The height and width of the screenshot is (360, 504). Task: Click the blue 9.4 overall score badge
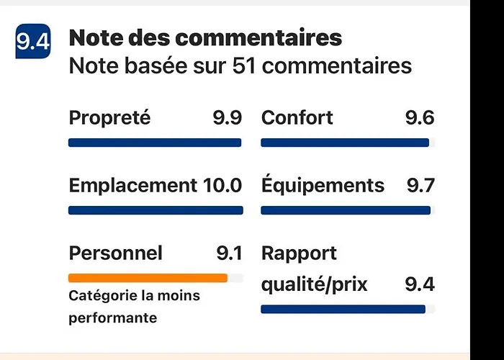tap(33, 42)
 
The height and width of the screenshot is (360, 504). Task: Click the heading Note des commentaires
tap(205, 37)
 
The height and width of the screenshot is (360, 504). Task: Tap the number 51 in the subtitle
tap(246, 66)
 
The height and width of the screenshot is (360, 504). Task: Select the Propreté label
tap(109, 117)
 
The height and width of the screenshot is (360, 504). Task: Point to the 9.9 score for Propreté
tap(227, 117)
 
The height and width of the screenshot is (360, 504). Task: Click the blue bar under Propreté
tap(155, 143)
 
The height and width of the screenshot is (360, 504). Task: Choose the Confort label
tap(297, 117)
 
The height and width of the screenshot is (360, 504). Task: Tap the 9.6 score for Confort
tap(420, 117)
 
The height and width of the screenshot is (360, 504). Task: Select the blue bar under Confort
tap(345, 143)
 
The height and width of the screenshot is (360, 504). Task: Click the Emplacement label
tap(132, 185)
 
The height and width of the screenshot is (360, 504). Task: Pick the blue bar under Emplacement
tap(156, 210)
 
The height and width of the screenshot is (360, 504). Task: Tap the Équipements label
tap(323, 185)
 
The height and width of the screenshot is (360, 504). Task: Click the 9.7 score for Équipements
tap(420, 185)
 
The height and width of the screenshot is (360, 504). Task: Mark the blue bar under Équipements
tap(346, 210)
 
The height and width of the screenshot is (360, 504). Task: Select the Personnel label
tap(115, 253)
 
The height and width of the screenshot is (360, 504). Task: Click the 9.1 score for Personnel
tap(229, 253)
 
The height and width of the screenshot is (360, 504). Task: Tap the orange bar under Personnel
tap(148, 278)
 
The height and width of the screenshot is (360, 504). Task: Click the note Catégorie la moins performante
tap(134, 307)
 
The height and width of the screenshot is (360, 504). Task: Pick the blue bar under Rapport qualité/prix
tap(343, 310)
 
